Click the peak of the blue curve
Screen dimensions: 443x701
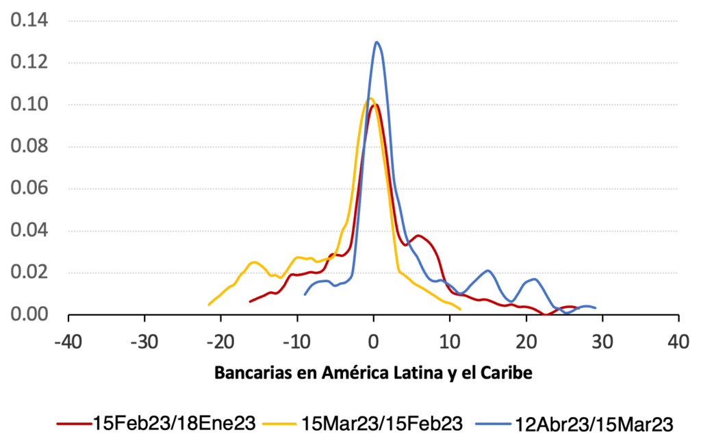(377, 42)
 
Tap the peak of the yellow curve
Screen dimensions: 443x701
(370, 99)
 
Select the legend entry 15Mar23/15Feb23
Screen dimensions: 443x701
(382, 423)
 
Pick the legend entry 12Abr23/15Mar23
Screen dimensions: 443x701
(589, 423)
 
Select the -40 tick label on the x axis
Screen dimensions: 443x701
(68, 340)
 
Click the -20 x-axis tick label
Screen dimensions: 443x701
(220, 340)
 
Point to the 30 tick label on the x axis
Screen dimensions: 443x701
(602, 340)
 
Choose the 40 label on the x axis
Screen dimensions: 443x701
(678, 340)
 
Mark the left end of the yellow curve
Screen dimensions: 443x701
(209, 305)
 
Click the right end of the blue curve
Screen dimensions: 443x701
(595, 308)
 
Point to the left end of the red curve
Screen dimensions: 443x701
(251, 301)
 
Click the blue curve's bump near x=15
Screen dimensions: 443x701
(487, 270)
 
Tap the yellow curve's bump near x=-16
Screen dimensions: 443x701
(254, 262)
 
